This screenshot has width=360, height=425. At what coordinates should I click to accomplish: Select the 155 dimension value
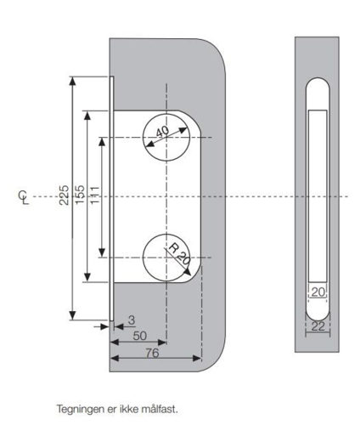[x=78, y=195]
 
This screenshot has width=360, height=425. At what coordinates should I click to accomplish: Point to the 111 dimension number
[x=95, y=195]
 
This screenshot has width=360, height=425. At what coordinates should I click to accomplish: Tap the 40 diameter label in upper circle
[x=162, y=133]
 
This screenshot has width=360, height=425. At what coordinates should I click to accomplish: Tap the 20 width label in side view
[x=318, y=292]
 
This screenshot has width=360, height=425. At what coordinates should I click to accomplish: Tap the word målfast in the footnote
[x=160, y=408]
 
